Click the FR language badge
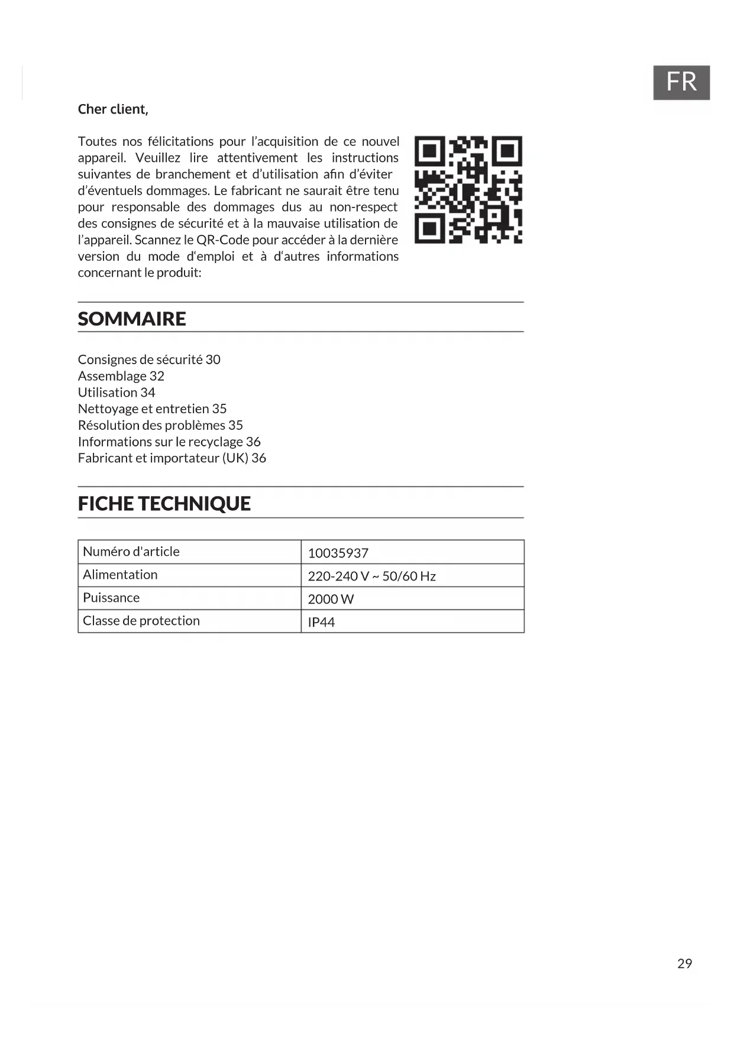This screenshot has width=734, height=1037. coord(681,82)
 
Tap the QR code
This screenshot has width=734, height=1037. coord(468,190)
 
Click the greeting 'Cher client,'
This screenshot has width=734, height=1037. coord(113,109)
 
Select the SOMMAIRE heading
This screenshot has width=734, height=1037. coord(132,319)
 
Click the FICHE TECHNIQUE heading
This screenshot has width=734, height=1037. coord(164,504)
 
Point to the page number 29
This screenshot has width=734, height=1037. coord(684,964)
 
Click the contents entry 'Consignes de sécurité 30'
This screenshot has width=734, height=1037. coord(149,359)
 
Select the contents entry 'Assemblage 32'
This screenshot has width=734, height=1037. coord(121,376)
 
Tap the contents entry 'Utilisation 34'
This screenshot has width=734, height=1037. coord(117,393)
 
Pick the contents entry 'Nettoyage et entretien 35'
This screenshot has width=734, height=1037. coord(152,409)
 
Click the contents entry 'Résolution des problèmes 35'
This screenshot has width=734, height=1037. coord(160,425)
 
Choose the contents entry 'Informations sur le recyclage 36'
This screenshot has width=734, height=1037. coord(169,442)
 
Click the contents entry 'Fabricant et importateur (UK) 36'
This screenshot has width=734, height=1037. coord(172,458)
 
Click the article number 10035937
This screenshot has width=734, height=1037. coord(338,553)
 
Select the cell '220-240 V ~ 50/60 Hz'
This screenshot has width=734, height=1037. coord(371,576)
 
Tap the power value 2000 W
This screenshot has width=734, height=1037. coord(331,599)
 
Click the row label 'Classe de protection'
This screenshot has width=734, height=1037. coord(141,621)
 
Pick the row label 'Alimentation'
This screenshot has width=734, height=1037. coord(120,575)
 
